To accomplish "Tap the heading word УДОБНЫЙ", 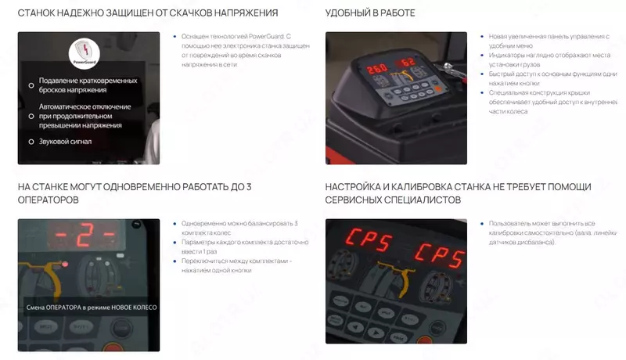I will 352,13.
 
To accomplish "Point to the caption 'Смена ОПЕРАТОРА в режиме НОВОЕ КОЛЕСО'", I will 91,308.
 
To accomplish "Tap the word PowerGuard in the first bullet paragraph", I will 260,37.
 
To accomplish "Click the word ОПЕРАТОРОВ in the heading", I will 48,200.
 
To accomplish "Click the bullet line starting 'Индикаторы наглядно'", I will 548,56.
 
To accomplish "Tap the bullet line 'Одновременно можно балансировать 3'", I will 239,224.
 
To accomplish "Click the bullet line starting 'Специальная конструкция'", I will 547,92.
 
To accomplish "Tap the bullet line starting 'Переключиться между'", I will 237,261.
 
